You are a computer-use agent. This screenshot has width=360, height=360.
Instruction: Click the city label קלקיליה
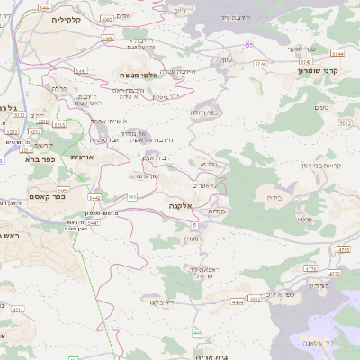66,19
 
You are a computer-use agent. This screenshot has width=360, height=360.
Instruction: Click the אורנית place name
82,157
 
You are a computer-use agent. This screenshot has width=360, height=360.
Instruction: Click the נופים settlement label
321,108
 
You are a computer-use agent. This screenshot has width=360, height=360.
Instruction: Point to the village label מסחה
217,211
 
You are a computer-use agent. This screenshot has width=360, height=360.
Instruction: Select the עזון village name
227,59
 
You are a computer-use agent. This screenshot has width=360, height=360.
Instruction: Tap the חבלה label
60,88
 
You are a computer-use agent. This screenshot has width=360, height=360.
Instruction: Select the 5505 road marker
107,39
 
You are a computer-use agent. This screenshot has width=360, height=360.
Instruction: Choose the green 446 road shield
196,333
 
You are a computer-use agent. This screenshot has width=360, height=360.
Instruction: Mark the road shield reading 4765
344,248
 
